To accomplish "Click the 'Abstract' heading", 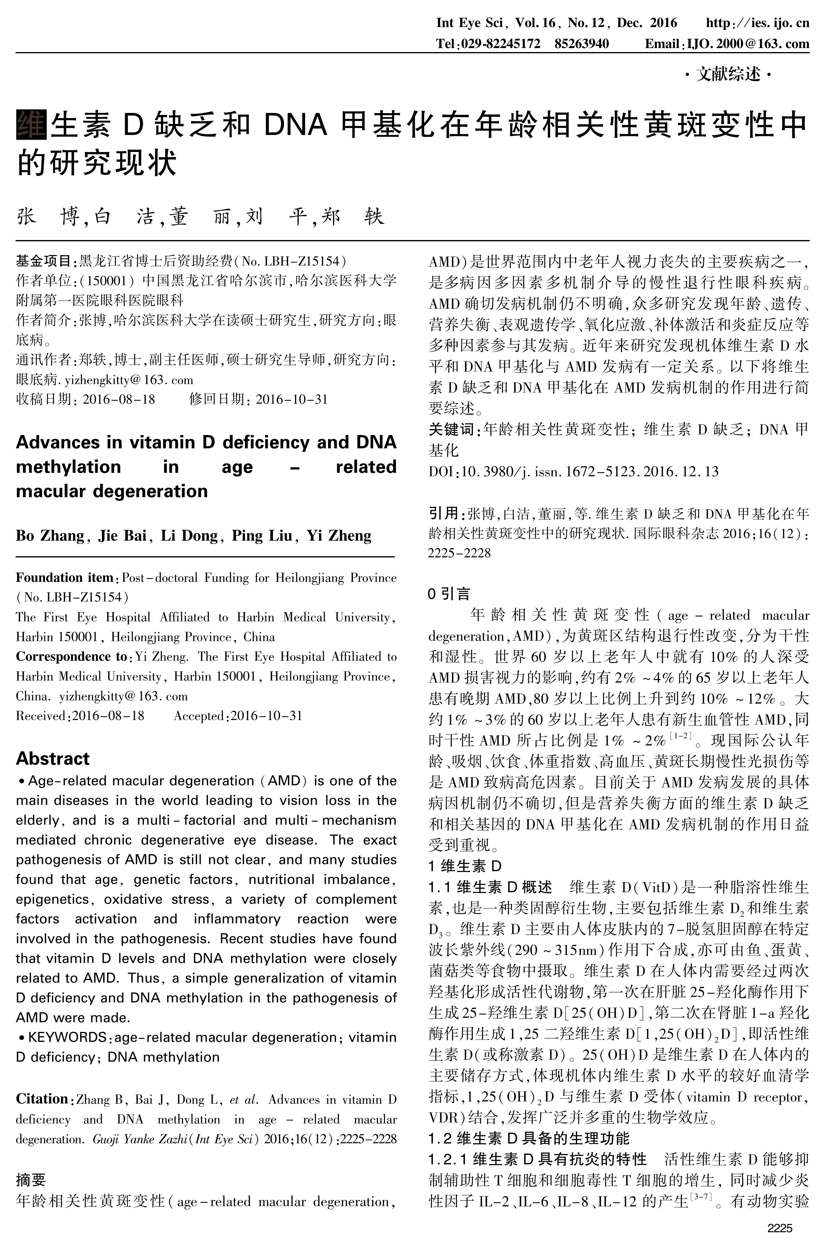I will click(x=53, y=758).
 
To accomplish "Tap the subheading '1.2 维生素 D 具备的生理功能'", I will click(x=529, y=1138).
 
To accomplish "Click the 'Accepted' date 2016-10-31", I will click(x=266, y=716).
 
